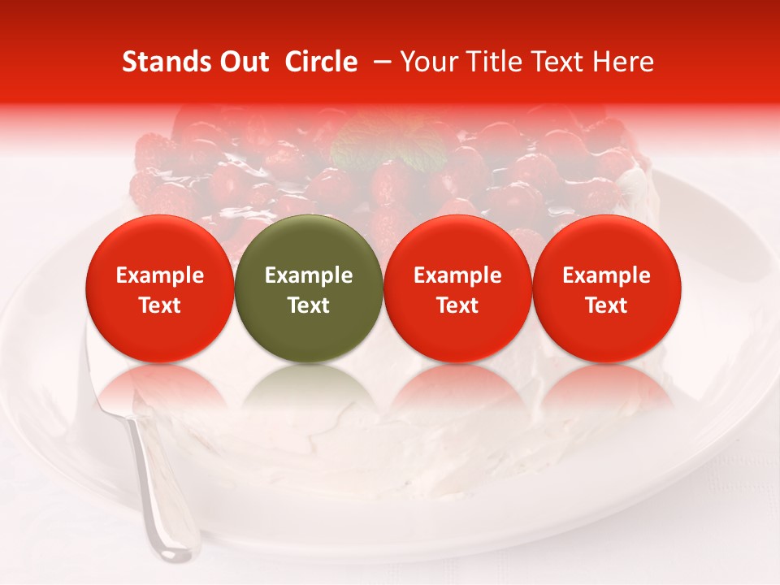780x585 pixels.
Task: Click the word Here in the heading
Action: (x=625, y=62)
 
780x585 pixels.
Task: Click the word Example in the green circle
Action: (x=309, y=275)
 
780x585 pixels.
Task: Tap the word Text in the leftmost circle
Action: (x=160, y=305)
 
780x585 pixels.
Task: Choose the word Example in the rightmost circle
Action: (x=606, y=275)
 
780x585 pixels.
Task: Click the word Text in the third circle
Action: (x=457, y=305)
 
